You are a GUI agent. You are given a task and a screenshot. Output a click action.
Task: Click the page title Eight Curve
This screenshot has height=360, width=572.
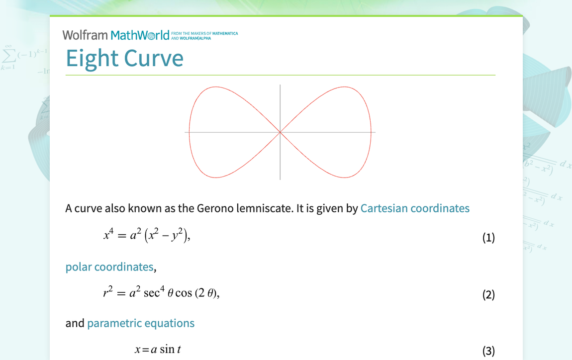[124, 58]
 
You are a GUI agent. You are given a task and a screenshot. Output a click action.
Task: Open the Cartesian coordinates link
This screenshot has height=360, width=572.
[415, 208]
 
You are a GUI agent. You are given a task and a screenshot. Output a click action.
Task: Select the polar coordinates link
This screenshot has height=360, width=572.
[109, 267]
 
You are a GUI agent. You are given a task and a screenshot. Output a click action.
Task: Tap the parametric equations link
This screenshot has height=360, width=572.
[141, 323]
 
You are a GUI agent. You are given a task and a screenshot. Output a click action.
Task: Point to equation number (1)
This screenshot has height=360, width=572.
[488, 238]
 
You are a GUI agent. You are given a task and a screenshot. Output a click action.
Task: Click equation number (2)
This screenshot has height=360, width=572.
[488, 294]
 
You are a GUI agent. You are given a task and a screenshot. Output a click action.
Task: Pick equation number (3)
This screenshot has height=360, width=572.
[488, 351]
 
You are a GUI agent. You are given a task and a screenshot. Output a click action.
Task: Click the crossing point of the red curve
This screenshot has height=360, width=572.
[280, 132]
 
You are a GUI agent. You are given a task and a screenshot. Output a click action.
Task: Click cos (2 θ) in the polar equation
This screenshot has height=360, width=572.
[196, 293]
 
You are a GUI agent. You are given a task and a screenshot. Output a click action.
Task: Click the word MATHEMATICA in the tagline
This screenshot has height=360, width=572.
[225, 33]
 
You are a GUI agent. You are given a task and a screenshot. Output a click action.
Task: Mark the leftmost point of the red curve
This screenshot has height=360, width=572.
[190, 132]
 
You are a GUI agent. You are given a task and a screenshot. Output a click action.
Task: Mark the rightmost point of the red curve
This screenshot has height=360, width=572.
[371, 132]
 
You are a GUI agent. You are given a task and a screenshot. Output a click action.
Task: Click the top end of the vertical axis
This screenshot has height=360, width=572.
[280, 86]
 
